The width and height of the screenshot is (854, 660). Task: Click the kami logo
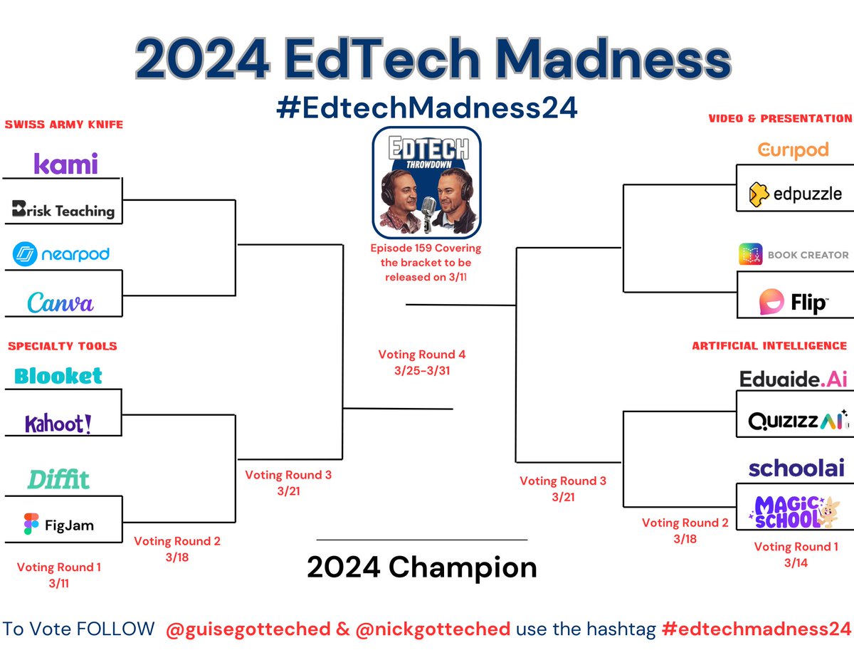65,164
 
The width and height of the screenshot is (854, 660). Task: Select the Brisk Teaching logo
63,210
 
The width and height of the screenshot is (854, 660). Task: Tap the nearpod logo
61,254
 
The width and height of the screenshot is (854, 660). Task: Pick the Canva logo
60,303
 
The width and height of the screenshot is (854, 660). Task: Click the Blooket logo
58,376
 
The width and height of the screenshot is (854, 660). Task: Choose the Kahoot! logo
58,424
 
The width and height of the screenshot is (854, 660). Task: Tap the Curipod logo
793,150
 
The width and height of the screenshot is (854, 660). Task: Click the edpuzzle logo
796,193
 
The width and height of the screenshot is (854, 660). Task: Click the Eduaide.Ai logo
794,379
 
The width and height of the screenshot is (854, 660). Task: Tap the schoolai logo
796,468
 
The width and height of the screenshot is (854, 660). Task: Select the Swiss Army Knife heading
64,125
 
